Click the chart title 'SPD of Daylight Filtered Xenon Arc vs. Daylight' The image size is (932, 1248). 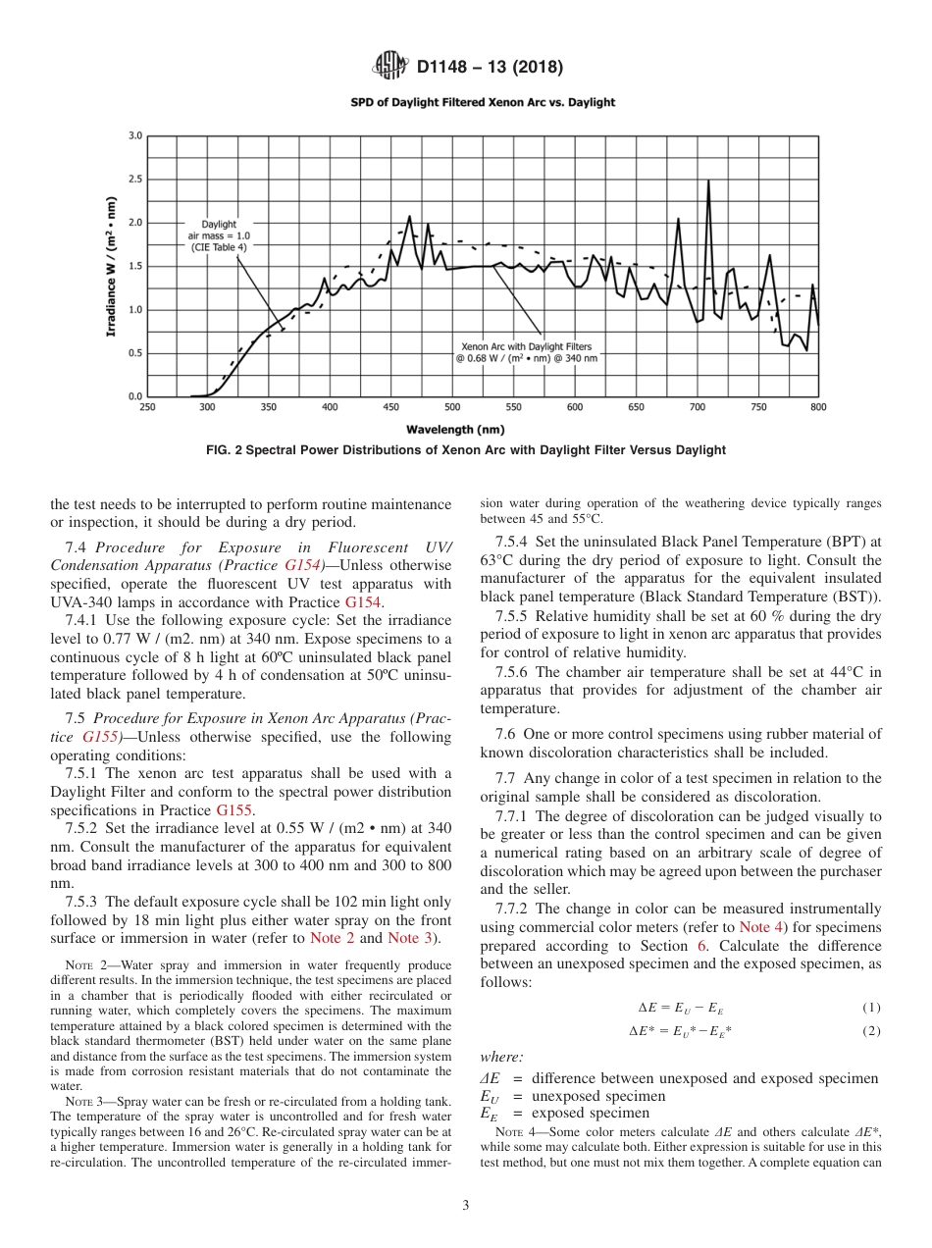click(x=483, y=102)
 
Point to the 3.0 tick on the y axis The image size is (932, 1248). click(x=135, y=136)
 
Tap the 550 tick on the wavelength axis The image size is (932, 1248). click(x=513, y=406)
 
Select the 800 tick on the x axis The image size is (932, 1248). click(x=818, y=406)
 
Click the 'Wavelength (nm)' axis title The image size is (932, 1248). click(x=455, y=429)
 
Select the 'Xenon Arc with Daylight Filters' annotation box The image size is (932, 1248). click(x=526, y=352)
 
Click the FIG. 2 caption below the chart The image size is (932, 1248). click(x=466, y=450)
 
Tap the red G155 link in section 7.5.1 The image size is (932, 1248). click(x=233, y=810)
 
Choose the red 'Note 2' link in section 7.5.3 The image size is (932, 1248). click(x=332, y=938)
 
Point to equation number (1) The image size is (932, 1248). click(x=871, y=1008)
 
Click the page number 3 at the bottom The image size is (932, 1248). click(x=466, y=1206)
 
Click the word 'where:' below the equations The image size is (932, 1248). click(x=501, y=1057)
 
